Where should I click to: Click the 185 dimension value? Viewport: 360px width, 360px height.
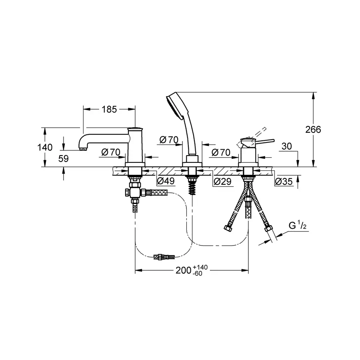click(109, 110)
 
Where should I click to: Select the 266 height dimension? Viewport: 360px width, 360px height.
click(313, 129)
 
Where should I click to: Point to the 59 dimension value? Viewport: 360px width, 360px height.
click(63, 158)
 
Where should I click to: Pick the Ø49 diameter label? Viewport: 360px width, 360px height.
click(165, 182)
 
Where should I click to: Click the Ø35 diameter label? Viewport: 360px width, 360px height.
click(284, 182)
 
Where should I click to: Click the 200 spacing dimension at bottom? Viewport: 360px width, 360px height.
click(183, 271)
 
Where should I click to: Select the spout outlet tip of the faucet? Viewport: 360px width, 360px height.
click(82, 148)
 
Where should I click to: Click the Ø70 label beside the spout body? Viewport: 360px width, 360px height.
click(111, 152)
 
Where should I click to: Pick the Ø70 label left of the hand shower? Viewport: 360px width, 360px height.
click(168, 140)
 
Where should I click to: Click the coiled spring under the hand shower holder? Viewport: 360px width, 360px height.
click(192, 186)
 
